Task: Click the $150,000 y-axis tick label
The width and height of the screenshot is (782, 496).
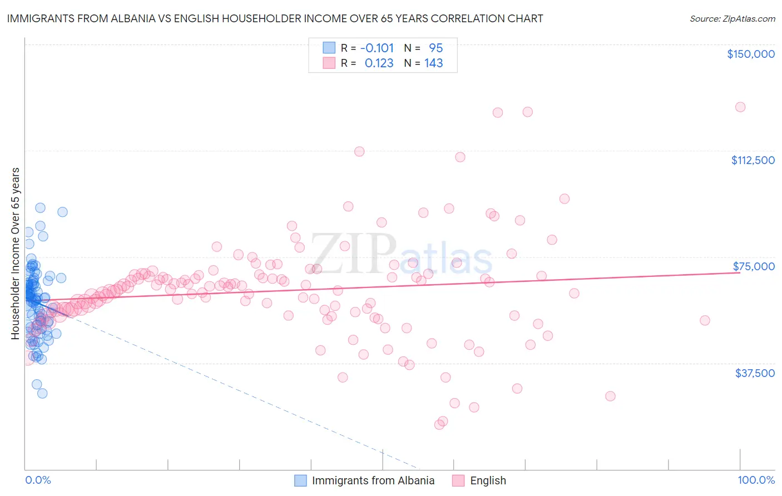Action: click(750, 54)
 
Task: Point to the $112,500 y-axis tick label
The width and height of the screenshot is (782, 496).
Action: click(753, 160)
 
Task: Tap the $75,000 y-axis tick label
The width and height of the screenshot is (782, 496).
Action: click(754, 266)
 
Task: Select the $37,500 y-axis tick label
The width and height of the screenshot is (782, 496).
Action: click(755, 373)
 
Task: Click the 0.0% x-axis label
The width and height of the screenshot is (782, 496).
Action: click(38, 480)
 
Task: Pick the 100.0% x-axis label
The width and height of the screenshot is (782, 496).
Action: click(756, 480)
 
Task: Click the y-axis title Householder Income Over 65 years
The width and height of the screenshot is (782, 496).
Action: click(16, 253)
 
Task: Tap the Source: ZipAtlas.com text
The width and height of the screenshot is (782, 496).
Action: click(732, 18)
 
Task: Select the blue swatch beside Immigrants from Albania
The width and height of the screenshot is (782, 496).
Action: click(300, 480)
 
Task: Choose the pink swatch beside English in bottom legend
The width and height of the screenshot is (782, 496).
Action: click(458, 480)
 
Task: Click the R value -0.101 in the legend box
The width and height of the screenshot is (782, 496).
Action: click(377, 48)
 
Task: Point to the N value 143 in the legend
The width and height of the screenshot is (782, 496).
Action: click(433, 63)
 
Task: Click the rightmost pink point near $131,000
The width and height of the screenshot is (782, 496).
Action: click(740, 107)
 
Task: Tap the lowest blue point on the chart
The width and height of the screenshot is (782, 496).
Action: click(42, 393)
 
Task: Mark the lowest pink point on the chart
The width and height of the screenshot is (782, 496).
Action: click(439, 424)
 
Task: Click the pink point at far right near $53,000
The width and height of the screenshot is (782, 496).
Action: click(705, 320)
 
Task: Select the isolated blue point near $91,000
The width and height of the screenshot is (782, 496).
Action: click(62, 212)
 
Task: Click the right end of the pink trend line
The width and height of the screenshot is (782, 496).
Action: click(739, 272)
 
